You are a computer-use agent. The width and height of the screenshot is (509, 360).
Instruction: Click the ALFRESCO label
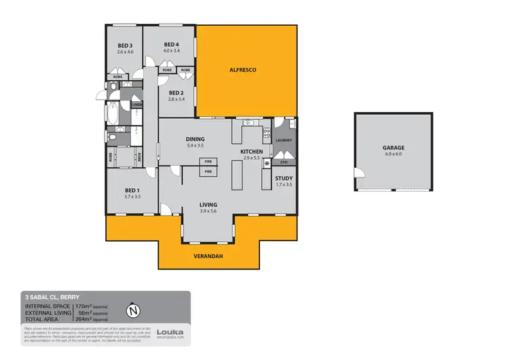241,70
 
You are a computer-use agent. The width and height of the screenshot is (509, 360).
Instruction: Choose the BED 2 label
176,92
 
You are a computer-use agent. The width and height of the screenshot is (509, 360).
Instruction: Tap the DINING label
195,139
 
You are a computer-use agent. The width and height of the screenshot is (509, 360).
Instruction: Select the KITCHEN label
251,151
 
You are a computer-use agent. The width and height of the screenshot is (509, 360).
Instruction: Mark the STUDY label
284,178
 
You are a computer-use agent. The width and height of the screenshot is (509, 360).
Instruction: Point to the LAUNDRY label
284,141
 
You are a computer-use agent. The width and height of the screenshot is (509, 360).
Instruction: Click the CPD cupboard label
284,163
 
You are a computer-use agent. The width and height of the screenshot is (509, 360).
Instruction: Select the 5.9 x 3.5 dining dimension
195,146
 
